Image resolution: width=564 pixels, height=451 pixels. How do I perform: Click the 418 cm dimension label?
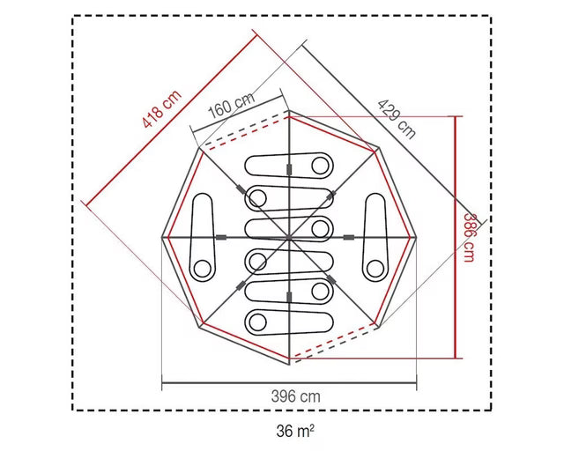click(x=162, y=109)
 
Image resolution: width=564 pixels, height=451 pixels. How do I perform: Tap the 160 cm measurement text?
click(x=232, y=104)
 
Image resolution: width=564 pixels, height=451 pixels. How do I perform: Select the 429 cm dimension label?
click(x=397, y=119)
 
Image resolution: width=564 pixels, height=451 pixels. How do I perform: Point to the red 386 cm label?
click(x=469, y=238)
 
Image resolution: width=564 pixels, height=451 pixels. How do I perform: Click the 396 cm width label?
click(x=296, y=396)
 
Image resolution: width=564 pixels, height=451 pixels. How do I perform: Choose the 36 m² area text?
click(x=295, y=431)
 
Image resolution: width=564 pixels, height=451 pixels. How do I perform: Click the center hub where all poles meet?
click(x=289, y=237)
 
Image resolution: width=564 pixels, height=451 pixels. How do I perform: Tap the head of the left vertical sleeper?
click(x=203, y=269)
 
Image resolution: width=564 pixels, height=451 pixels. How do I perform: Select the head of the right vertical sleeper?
click(x=375, y=269)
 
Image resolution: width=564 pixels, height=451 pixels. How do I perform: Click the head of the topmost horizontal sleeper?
click(x=320, y=166)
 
